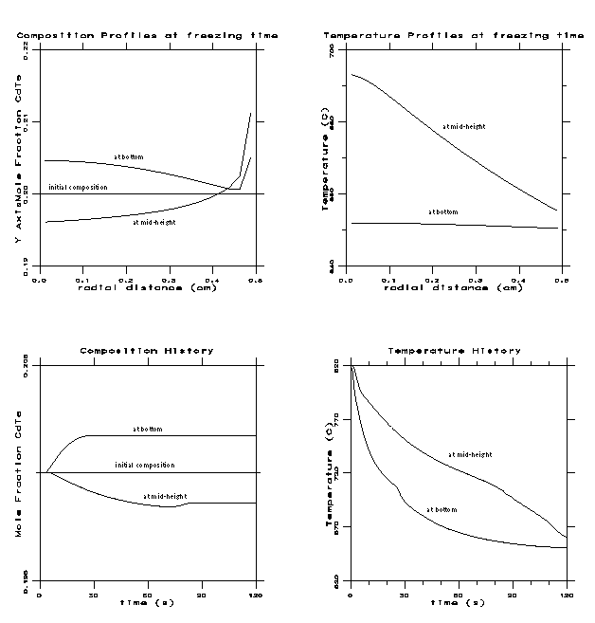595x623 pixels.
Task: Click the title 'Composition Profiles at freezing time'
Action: pyautogui.click(x=147, y=34)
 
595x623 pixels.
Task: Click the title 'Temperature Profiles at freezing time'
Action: pyautogui.click(x=454, y=34)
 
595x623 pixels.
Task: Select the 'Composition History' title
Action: pyautogui.click(x=147, y=351)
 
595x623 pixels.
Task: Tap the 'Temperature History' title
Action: pyautogui.click(x=454, y=351)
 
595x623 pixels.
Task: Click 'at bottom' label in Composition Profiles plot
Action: pyautogui.click(x=129, y=156)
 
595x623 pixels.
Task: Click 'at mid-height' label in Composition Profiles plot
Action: pyautogui.click(x=153, y=223)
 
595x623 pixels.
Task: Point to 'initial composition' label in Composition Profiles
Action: pyautogui.click(x=79, y=187)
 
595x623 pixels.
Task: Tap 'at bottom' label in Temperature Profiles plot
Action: pyautogui.click(x=442, y=211)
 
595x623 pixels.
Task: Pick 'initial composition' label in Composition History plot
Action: pyautogui.click(x=144, y=465)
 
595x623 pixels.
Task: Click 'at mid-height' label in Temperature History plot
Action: pyautogui.click(x=466, y=454)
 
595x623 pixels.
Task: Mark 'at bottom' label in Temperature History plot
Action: pyautogui.click(x=442, y=510)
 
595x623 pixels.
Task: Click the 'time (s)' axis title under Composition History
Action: pyautogui.click(x=147, y=602)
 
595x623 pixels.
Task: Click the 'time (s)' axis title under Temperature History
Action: pyautogui.click(x=459, y=602)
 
